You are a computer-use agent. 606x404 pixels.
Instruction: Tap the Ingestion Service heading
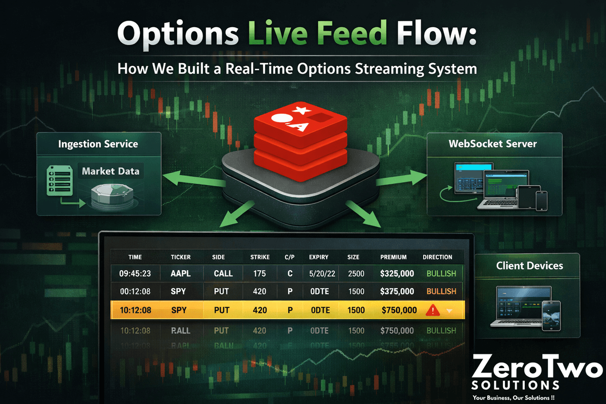[x=98, y=144]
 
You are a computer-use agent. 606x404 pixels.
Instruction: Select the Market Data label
[x=111, y=171]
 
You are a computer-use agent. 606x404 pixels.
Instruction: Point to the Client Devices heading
[x=529, y=266]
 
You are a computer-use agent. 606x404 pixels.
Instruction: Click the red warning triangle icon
[x=433, y=310]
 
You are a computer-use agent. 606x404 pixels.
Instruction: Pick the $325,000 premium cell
[x=397, y=273]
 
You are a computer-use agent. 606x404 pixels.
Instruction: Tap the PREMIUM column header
[x=393, y=257]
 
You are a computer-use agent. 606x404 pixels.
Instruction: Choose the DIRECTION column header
[x=437, y=257]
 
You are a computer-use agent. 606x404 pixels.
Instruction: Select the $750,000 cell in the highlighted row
[x=399, y=310]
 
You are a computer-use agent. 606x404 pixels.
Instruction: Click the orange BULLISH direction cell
[x=441, y=291]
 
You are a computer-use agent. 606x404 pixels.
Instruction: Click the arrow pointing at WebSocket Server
[x=402, y=178]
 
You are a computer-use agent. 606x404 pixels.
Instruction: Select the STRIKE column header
[x=260, y=257]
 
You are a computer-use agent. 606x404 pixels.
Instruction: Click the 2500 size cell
[x=356, y=273]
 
